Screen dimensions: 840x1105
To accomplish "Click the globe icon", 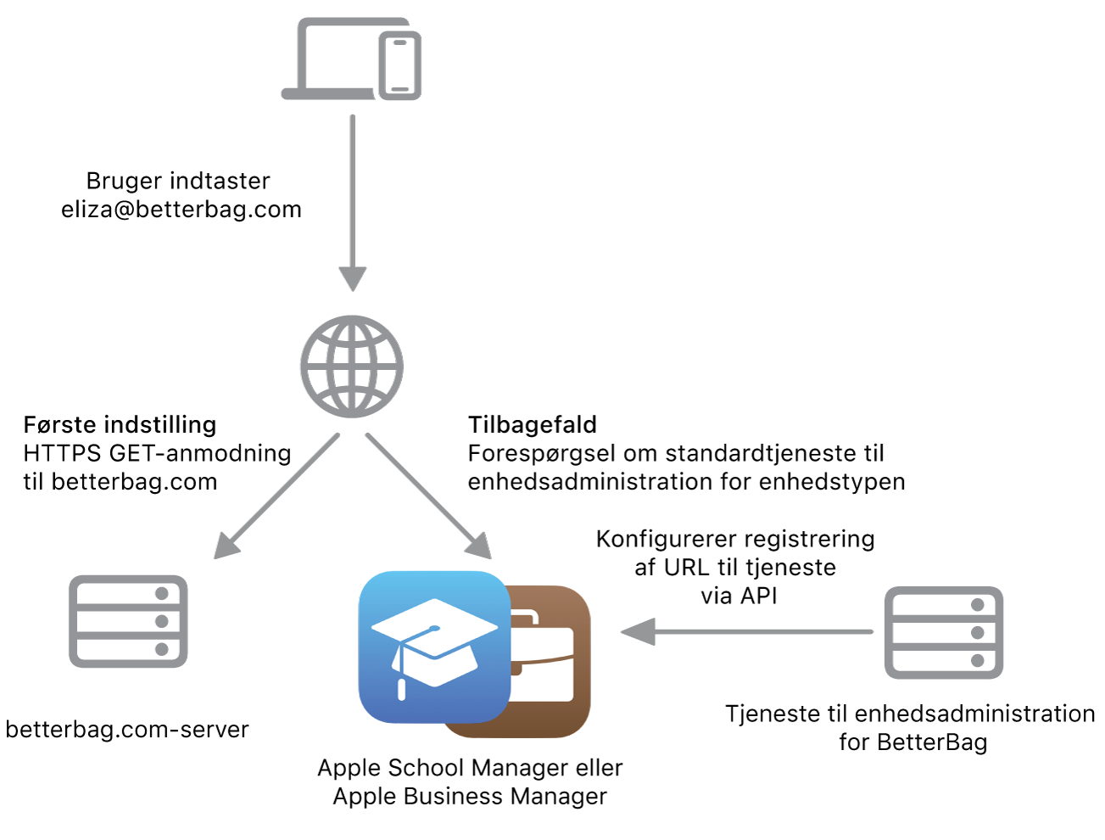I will click(352, 367).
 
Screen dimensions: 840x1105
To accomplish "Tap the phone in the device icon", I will click(400, 66).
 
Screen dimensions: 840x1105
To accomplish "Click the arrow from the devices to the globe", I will click(352, 204).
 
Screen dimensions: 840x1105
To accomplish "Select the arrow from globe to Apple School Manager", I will click(428, 496).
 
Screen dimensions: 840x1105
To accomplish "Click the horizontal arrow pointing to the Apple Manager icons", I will click(746, 631).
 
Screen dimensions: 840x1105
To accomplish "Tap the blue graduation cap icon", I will click(434, 647).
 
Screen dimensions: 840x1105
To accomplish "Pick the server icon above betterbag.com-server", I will click(128, 621).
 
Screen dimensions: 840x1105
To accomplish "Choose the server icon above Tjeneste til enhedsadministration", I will click(944, 632).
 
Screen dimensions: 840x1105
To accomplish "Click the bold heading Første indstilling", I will click(120, 424).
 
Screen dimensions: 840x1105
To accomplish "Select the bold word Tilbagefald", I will click(533, 424).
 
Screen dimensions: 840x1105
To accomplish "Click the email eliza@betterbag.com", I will click(181, 210).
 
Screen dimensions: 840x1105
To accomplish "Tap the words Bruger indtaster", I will click(178, 181).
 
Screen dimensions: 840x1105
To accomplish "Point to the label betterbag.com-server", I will click(127, 730).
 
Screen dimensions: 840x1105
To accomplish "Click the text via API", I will click(739, 596).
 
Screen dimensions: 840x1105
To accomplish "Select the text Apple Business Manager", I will click(470, 797).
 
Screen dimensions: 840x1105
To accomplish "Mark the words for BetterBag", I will click(913, 742).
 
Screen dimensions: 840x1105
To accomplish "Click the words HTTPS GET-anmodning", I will click(157, 453).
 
